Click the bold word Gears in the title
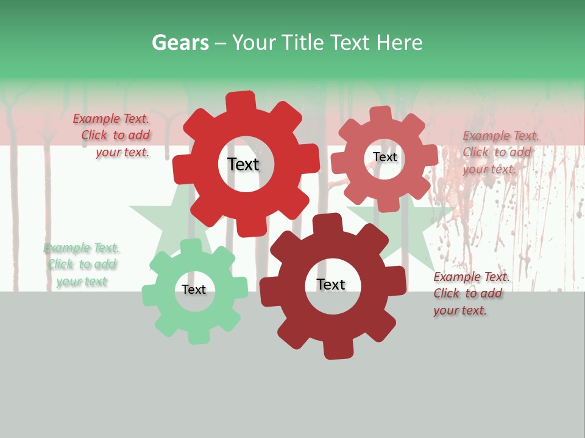(180, 43)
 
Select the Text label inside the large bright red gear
(243, 164)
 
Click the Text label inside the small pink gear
(385, 157)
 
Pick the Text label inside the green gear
(194, 290)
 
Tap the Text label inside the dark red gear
(330, 284)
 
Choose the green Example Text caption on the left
(81, 265)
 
